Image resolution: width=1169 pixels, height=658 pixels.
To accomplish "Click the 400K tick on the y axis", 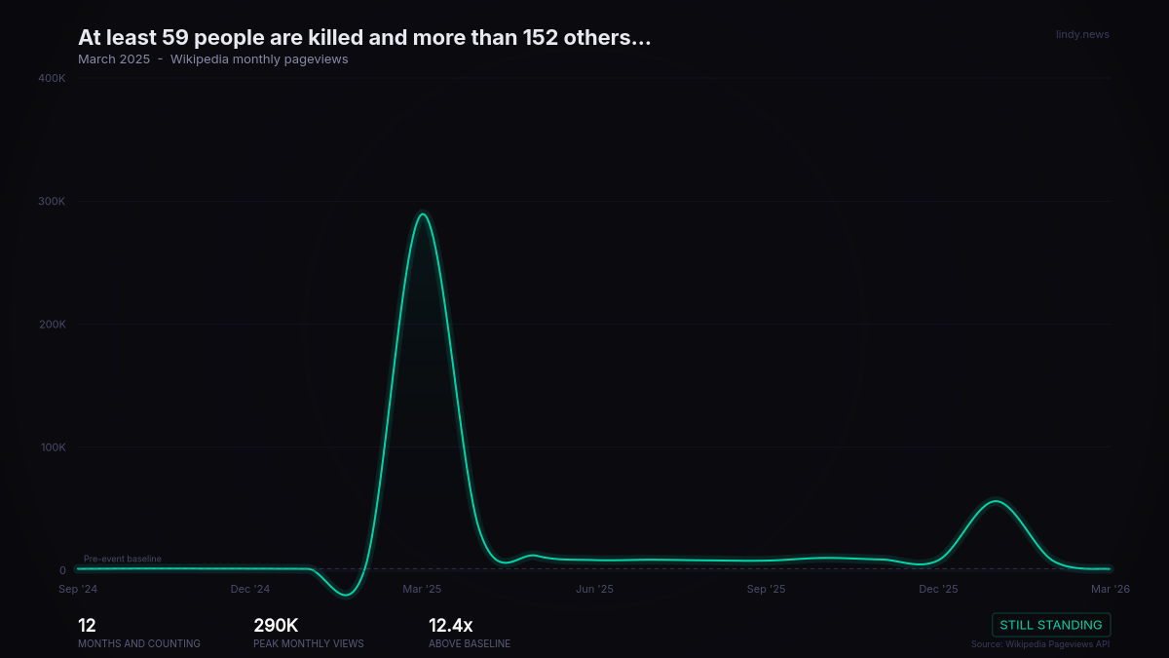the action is coord(52,78).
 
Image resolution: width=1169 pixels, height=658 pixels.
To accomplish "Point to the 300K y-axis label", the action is coord(52,201).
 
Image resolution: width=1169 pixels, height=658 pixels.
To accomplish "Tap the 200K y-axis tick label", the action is coord(53,325).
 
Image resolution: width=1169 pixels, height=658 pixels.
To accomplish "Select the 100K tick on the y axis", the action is coord(54,447).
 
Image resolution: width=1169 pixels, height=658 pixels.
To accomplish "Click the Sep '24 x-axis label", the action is coord(78,589).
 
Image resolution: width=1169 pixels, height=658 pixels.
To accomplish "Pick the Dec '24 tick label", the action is coord(250,589).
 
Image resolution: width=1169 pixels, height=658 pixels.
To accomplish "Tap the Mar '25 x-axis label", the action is coord(422,589).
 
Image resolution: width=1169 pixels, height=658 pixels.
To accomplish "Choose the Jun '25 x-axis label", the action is coord(594,589).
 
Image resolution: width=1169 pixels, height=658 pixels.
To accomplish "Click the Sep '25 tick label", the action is coord(766,589).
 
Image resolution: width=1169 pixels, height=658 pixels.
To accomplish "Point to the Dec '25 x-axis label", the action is coord(938,589).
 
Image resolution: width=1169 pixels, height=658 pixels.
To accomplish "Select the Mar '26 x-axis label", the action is coord(1110,589).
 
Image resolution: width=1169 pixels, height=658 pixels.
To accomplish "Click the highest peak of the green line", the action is coord(422,213).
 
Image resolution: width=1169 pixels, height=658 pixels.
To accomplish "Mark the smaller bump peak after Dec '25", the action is coord(996,501).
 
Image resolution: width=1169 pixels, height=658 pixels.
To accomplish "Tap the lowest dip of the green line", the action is coord(346,595).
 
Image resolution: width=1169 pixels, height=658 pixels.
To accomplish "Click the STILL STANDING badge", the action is coord(1051,625).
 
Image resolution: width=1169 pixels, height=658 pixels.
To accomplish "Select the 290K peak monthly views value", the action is coord(276,625).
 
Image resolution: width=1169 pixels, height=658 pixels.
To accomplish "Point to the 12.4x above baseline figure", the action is coord(450,625).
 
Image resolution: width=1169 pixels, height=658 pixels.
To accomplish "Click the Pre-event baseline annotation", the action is coord(123,559).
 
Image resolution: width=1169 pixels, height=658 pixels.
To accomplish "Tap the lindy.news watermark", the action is coord(1082,34).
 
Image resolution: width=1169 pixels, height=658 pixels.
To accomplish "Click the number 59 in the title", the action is coord(174,38).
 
